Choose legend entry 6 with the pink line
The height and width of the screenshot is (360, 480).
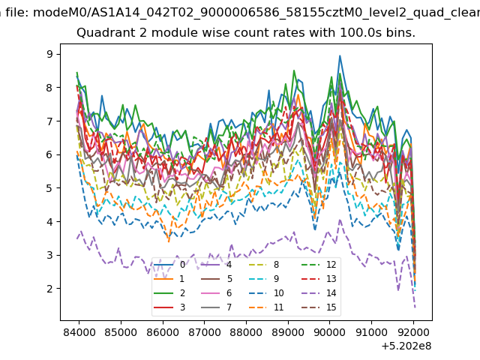tap(217, 293)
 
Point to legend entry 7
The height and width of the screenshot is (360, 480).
tap(217, 307)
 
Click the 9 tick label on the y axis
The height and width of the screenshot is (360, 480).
tap(49, 54)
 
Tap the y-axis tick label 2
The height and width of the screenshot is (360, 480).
tap(49, 288)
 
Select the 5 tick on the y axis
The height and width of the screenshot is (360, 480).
tap(49, 188)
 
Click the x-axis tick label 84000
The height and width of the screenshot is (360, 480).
tap(79, 332)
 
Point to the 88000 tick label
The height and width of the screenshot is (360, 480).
tap(246, 332)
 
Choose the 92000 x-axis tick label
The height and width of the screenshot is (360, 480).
tap(413, 332)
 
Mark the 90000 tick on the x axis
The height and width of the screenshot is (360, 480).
tap(330, 332)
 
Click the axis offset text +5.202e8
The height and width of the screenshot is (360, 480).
tap(406, 346)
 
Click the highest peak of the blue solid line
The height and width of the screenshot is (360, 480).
tap(340, 55)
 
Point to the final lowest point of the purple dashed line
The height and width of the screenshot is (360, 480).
tap(415, 307)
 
